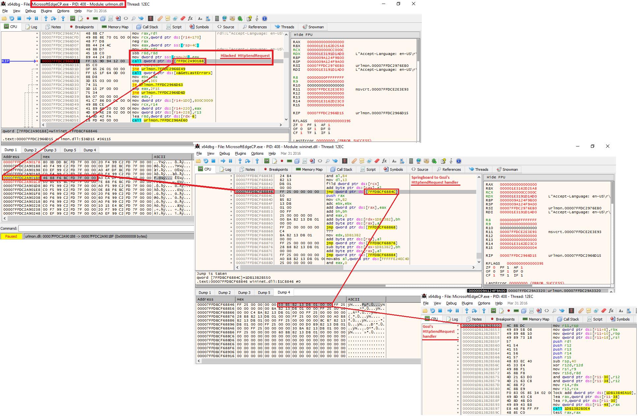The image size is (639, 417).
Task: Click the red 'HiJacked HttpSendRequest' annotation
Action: tap(245, 56)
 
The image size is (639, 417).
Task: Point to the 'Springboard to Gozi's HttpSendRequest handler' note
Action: tap(435, 180)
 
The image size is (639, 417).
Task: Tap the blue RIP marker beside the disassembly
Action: tap(6, 61)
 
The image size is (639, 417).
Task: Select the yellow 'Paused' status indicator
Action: tap(11, 236)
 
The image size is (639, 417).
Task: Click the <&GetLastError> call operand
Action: tap(194, 73)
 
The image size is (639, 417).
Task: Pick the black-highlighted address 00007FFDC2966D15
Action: tap(60, 61)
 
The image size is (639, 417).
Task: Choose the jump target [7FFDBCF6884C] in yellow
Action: tap(381, 192)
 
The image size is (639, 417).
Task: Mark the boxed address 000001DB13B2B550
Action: tap(481, 326)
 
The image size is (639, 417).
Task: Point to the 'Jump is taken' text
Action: tap(212, 274)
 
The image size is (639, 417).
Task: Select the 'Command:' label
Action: tap(9, 228)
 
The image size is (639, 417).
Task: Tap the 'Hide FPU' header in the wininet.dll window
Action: tap(496, 177)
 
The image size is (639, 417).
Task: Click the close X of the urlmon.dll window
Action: tap(414, 4)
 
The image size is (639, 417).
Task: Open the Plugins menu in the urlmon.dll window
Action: tap(46, 11)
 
